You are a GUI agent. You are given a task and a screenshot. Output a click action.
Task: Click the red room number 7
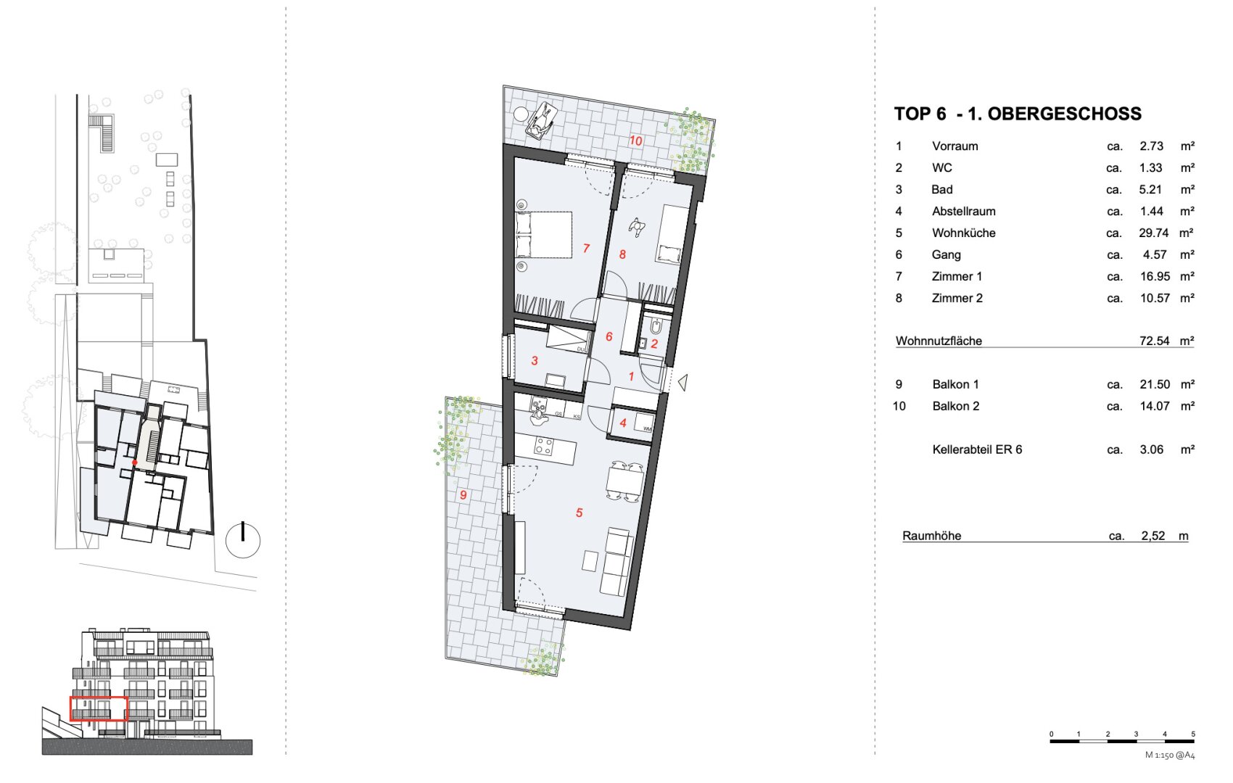click(586, 249)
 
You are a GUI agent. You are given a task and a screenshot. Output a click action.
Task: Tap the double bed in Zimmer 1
click(543, 234)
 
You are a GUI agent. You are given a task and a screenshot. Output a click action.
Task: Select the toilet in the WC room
click(656, 327)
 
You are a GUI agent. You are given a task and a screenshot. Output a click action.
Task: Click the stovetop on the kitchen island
click(544, 447)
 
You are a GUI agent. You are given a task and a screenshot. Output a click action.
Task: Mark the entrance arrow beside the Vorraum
click(683, 382)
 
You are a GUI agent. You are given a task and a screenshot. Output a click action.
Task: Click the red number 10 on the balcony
click(636, 141)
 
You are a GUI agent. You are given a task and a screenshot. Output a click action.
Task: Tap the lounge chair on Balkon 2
click(542, 120)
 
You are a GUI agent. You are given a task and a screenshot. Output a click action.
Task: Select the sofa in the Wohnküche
click(616, 561)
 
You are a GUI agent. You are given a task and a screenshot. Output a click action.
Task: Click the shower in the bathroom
click(567, 339)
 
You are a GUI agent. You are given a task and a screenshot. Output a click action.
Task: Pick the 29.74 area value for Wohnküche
click(1153, 233)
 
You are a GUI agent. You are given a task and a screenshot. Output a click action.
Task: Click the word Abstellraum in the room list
click(963, 211)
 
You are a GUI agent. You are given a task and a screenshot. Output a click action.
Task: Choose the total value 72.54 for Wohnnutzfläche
click(1154, 341)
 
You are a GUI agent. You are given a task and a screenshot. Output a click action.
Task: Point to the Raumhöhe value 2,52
click(1152, 536)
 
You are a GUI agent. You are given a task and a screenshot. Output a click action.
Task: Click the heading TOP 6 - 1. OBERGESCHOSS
click(1018, 114)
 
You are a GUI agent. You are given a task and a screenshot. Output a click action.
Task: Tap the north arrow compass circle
click(243, 540)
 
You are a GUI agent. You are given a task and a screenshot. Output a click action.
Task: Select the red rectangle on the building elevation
click(99, 709)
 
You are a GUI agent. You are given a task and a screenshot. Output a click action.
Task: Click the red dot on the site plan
click(134, 463)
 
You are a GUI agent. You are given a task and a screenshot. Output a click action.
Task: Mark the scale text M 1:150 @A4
click(1170, 755)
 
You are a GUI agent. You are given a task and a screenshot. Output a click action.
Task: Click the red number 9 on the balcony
click(463, 495)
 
